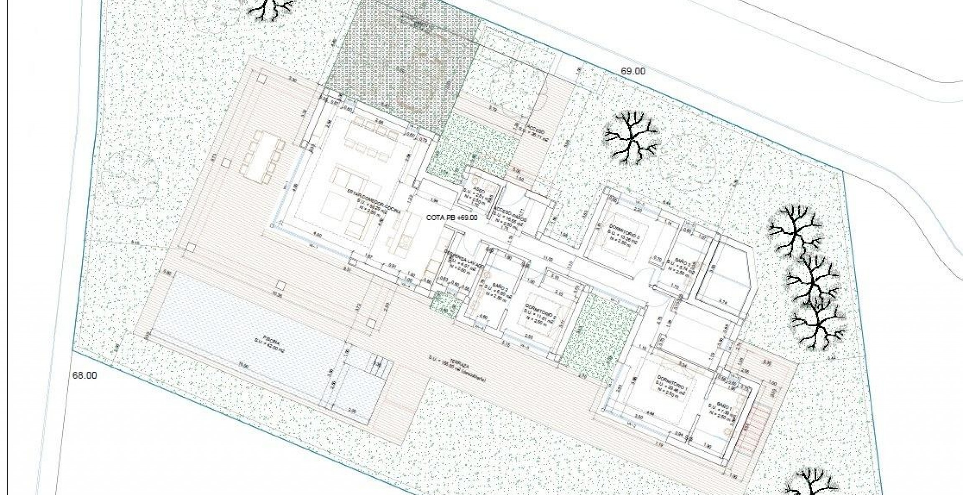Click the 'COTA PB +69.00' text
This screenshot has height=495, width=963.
point(452,218)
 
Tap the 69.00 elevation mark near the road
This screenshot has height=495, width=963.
point(632,71)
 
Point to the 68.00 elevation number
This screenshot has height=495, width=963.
point(85,376)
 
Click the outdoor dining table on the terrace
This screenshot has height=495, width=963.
point(263,157)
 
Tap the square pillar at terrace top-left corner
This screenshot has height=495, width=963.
point(262,78)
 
